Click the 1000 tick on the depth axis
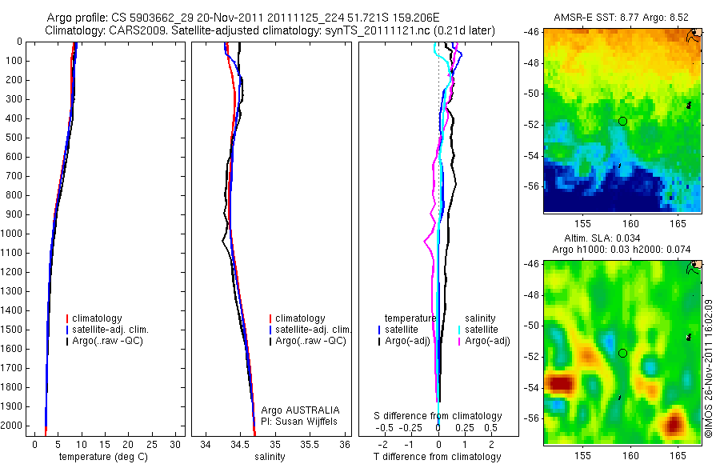(x=11, y=234)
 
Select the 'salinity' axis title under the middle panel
(x=270, y=457)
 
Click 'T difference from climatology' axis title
(x=437, y=457)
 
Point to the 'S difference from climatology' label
(x=438, y=416)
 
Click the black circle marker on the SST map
(x=622, y=121)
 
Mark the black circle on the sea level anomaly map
(x=622, y=353)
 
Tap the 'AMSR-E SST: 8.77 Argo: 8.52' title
(x=621, y=18)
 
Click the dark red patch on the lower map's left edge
(x=559, y=383)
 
